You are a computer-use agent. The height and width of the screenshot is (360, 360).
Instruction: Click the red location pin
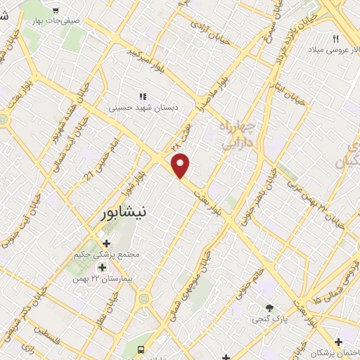click(x=181, y=165)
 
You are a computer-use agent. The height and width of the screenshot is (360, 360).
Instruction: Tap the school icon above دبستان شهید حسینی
click(x=143, y=96)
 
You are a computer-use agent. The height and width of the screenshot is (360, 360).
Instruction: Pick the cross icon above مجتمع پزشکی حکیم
click(x=106, y=243)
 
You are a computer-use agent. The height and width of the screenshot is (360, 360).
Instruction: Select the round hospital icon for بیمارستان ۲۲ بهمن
click(x=103, y=268)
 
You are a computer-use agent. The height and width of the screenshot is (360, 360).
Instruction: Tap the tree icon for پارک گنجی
click(x=269, y=307)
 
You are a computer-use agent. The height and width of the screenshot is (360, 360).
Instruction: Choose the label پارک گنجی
click(x=269, y=319)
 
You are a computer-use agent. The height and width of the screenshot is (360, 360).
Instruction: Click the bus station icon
click(x=141, y=349)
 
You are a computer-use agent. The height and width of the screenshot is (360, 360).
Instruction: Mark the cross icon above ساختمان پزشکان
click(x=339, y=341)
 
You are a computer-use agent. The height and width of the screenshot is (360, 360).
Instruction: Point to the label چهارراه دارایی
click(x=237, y=135)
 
